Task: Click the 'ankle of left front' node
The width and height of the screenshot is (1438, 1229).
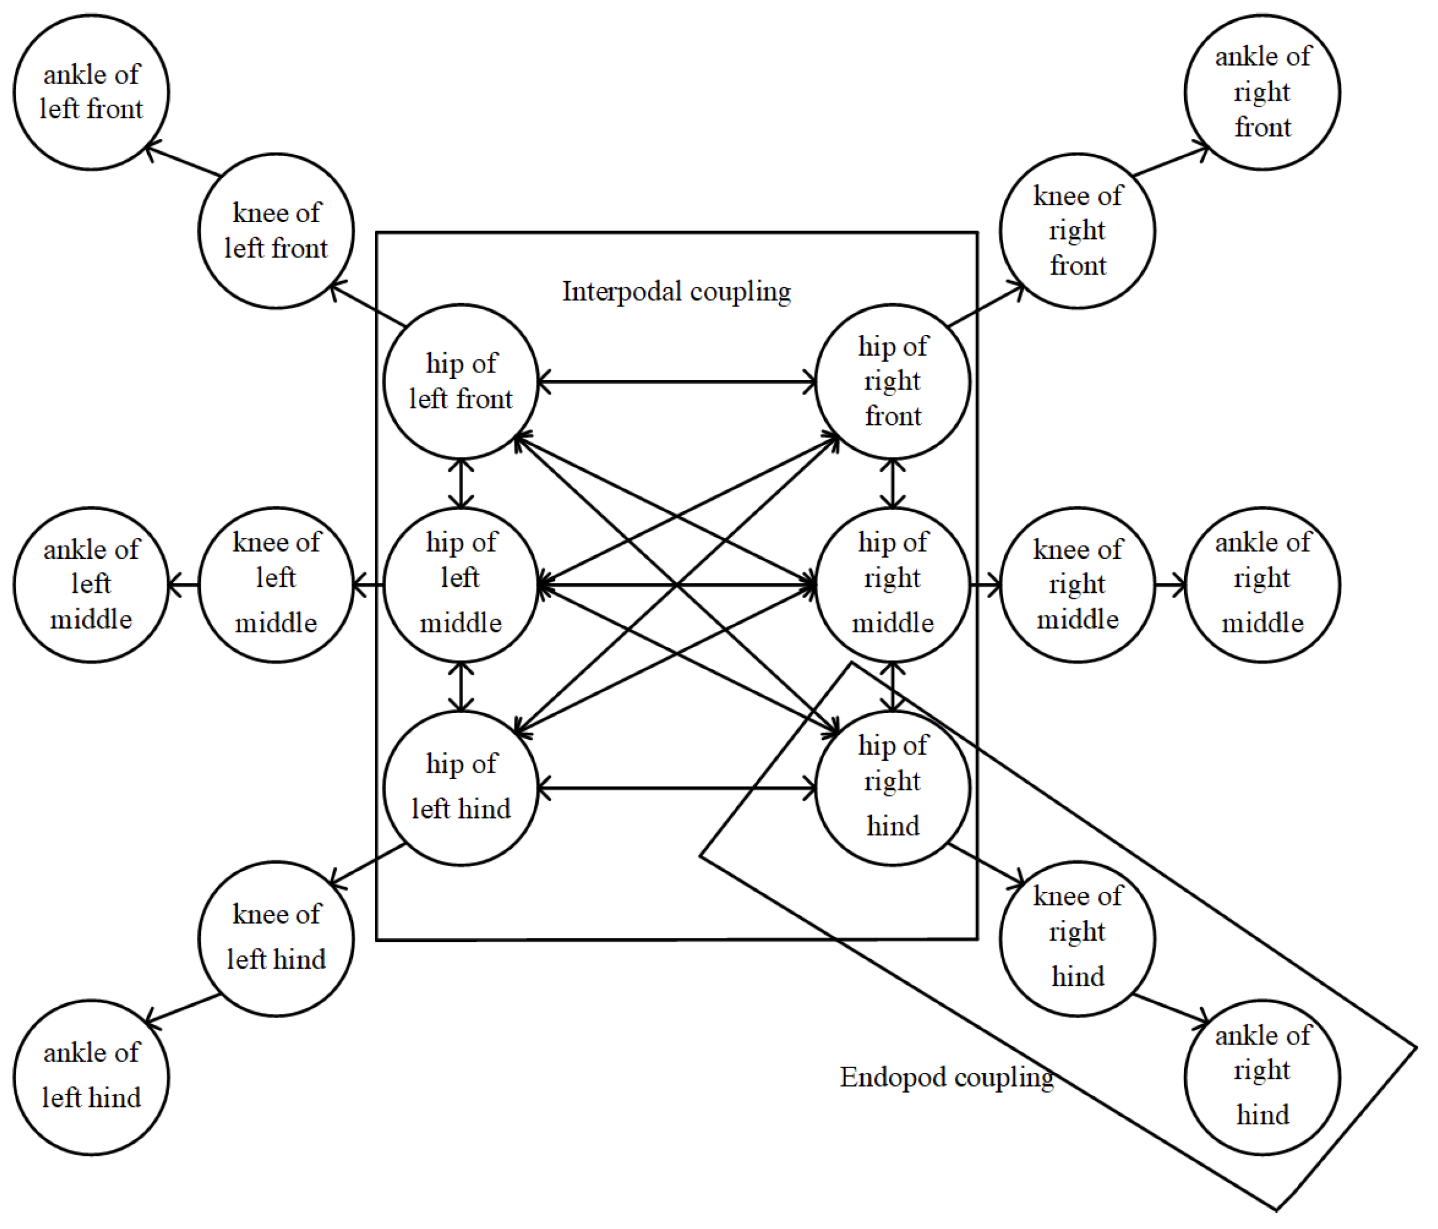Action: coord(91,92)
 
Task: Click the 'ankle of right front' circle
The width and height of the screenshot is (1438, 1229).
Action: coord(1262,92)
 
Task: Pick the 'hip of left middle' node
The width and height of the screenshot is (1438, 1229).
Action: coord(461,584)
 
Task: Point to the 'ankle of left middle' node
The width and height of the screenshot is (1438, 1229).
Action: coord(91,584)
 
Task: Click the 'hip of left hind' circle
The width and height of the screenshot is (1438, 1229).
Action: coord(461,788)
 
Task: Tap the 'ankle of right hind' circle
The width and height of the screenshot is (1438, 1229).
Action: coord(1262,1077)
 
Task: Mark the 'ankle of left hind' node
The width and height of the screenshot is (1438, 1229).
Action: coord(91,1077)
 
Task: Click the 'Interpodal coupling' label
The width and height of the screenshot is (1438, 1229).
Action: coord(676,291)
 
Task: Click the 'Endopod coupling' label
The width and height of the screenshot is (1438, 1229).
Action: coord(946,1077)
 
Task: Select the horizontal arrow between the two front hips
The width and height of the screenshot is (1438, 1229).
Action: coord(676,381)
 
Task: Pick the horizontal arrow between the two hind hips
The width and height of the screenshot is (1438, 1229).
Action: coord(676,788)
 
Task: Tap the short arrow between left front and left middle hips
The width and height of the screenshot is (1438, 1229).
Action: coord(461,483)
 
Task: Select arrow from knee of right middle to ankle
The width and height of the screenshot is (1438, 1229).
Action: coord(1170,585)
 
